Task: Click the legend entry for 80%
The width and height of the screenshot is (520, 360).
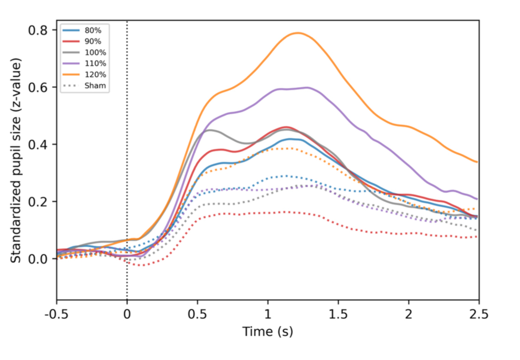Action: tap(91, 30)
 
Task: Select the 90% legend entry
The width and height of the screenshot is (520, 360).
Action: tap(91, 41)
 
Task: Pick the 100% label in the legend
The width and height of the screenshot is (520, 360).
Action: tap(92, 52)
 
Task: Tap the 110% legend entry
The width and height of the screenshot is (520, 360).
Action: tap(92, 63)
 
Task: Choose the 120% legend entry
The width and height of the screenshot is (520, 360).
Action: tap(92, 74)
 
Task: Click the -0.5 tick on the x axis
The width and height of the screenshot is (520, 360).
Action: tap(57, 315)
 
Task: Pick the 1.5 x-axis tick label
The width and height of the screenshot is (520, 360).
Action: tap(338, 315)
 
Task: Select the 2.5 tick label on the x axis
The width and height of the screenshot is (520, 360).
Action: tap(478, 315)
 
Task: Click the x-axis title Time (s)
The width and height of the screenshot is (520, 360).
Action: tap(268, 331)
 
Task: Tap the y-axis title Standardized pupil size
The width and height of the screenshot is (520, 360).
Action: tap(17, 160)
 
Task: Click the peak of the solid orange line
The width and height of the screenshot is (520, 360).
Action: tap(298, 33)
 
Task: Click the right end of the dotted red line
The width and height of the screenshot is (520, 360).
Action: tap(477, 237)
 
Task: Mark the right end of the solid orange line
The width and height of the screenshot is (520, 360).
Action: tap(477, 162)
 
